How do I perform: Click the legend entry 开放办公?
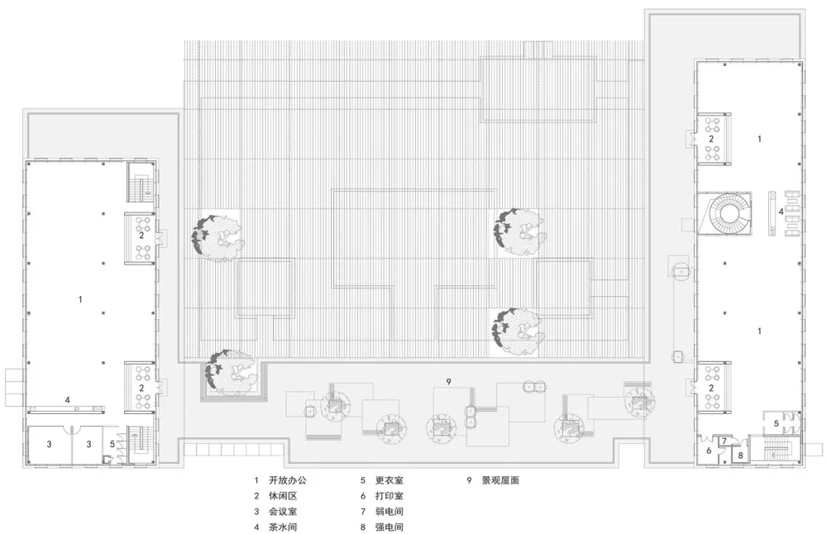point(288,480)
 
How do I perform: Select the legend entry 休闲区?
point(283,495)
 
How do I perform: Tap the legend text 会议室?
point(283,512)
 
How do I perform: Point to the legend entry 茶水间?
point(283,527)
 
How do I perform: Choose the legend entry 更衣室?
point(390,480)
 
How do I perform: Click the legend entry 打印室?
point(390,495)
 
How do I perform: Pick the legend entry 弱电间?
point(390,512)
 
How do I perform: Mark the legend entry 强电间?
point(390,527)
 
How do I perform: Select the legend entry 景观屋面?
point(500,480)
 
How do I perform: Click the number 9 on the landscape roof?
point(448,382)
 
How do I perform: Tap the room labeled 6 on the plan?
point(709,451)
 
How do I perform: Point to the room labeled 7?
point(724,441)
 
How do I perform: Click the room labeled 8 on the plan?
point(740,455)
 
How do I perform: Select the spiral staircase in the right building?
point(730,213)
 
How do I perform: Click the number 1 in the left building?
point(80,299)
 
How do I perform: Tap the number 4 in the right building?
point(782,212)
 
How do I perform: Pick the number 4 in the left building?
point(68,401)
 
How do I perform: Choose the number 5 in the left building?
point(112,445)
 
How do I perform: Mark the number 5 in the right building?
point(777,424)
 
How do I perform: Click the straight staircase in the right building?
point(775,450)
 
